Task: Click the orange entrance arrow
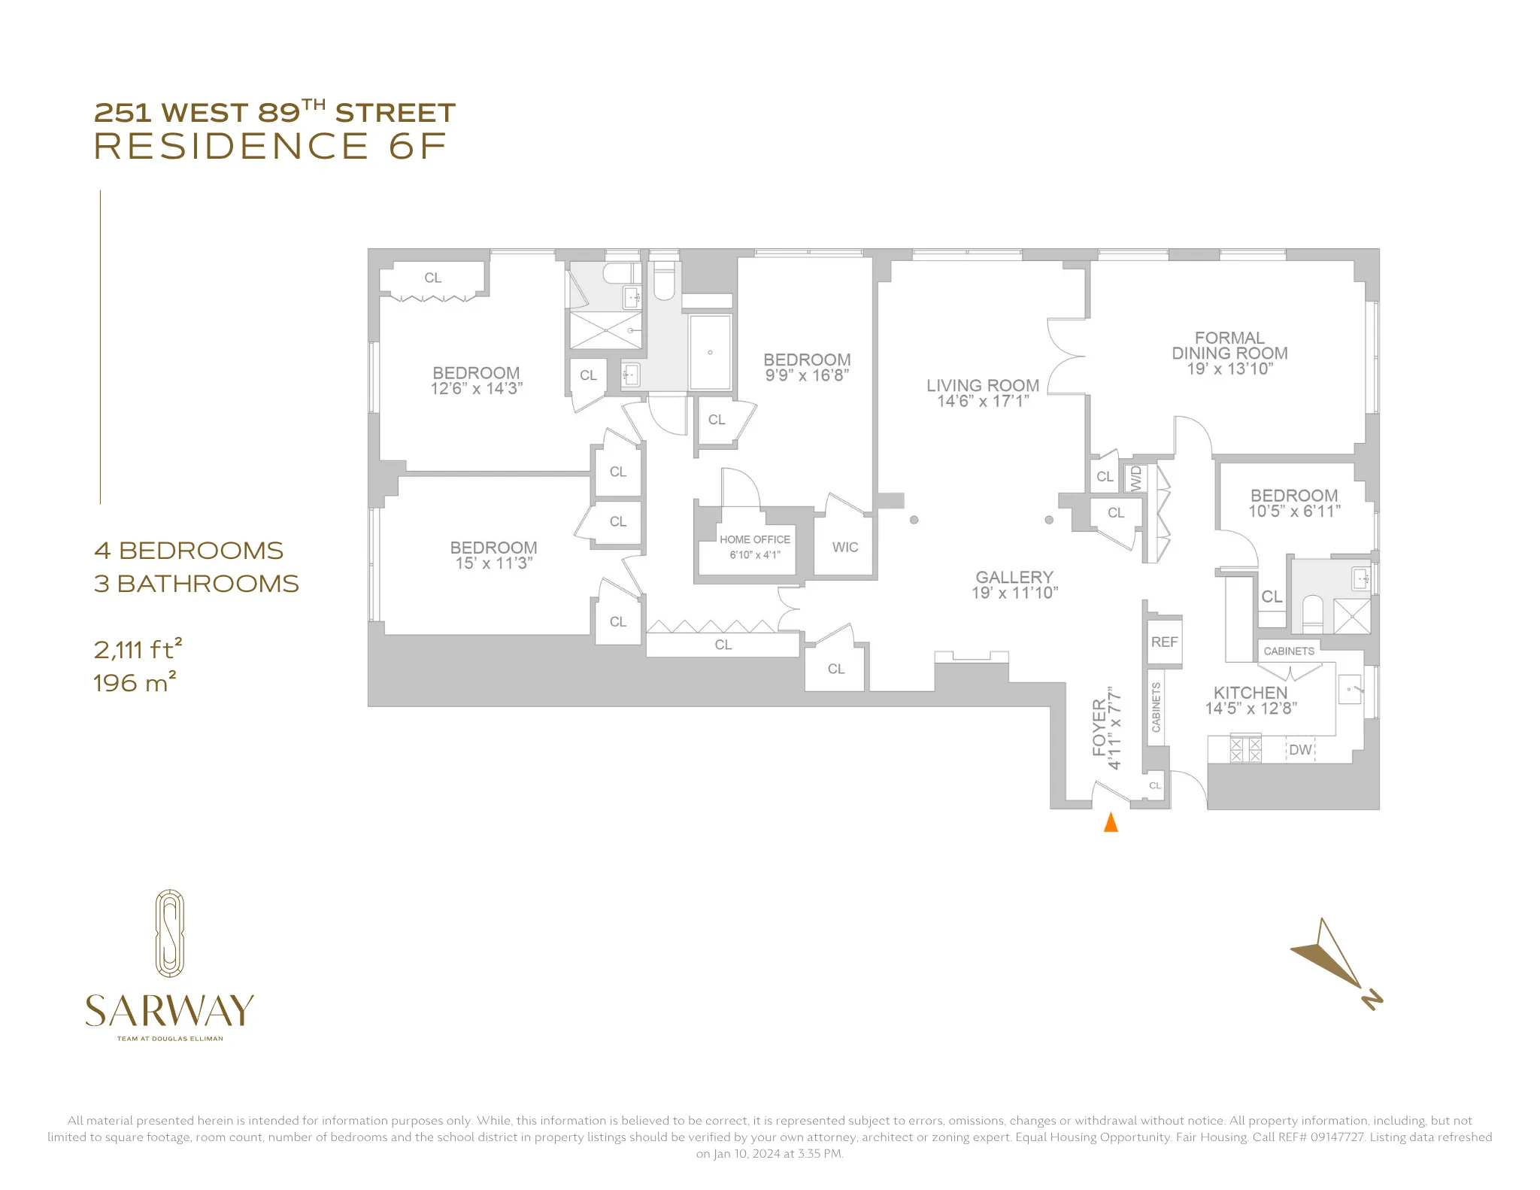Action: (x=1110, y=822)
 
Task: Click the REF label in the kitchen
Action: (x=1164, y=642)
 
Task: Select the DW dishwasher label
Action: (x=1300, y=750)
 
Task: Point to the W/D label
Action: (x=1135, y=478)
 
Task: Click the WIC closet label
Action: (x=845, y=548)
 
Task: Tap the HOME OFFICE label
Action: (x=755, y=539)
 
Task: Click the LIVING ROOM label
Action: (x=983, y=385)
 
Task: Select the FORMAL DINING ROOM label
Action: (x=1229, y=345)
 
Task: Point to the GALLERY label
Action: (x=1014, y=577)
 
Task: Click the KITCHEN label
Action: (x=1250, y=692)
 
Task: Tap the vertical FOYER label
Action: (x=1099, y=727)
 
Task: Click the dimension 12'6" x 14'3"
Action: (x=476, y=389)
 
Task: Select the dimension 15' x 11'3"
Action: (x=494, y=563)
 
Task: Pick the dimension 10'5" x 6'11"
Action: (x=1294, y=512)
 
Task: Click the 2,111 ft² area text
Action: (x=138, y=648)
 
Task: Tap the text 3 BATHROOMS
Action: (x=196, y=584)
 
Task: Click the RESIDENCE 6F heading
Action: (x=270, y=146)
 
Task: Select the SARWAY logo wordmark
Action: (x=170, y=1011)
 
